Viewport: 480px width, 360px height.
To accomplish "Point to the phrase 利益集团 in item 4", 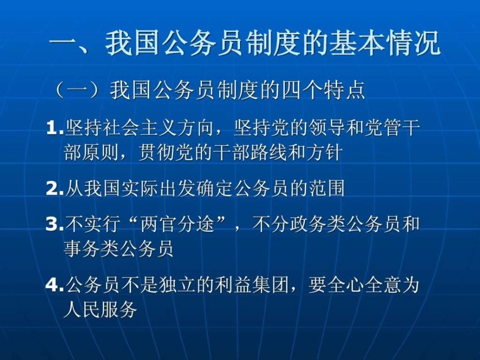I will tap(260, 285).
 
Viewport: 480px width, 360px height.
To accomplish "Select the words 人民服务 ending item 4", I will tap(100, 310).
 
